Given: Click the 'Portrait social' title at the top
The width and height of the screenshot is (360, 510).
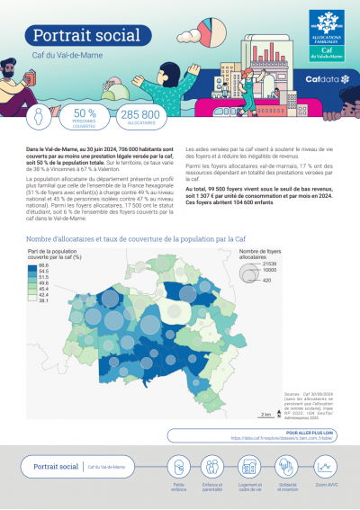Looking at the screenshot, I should click(76, 34).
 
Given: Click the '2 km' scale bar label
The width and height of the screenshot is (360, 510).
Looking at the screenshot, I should click(265, 414).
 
